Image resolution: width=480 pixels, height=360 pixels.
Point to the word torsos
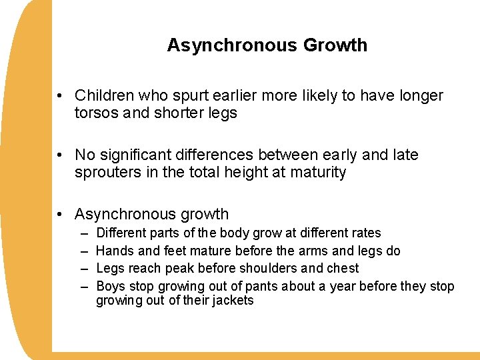[96, 113]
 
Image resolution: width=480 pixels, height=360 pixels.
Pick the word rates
[366, 233]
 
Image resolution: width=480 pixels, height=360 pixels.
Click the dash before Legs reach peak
[85, 269]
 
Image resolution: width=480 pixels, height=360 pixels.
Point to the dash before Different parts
[85, 233]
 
